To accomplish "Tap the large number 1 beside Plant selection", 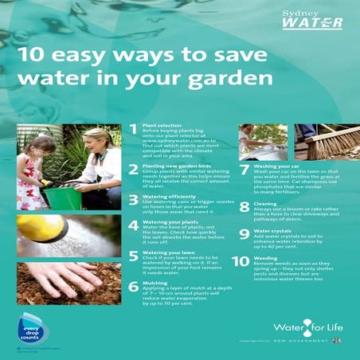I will click(133, 131).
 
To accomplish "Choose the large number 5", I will click(133, 256).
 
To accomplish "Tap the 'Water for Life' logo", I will click(307, 327).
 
